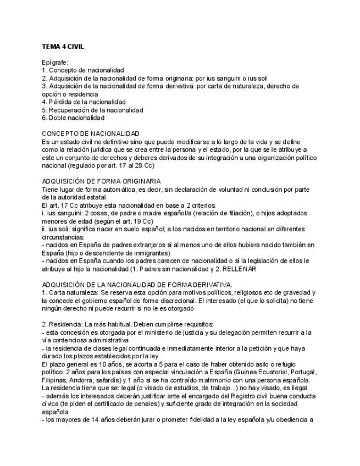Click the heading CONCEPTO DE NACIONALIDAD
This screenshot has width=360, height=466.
91,134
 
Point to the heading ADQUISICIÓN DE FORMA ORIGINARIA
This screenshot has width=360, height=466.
101,181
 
